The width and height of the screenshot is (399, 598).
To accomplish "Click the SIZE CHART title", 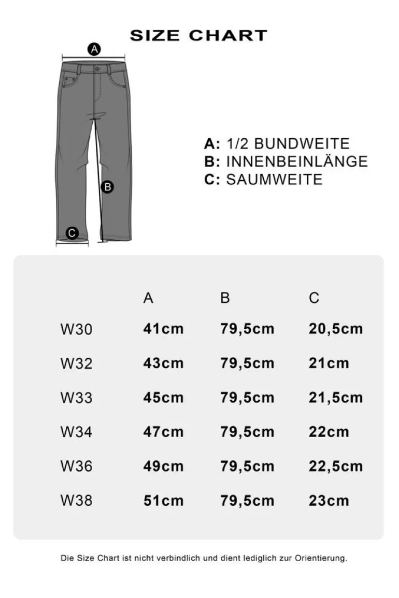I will coord(198,35).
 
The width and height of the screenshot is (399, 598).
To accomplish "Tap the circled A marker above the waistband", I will coord(94,50).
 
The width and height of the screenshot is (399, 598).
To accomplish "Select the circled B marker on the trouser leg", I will coord(107,187).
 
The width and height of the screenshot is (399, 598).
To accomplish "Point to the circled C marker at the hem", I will coord(73,233).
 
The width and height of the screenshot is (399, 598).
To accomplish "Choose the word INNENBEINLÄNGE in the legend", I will coord(297,162).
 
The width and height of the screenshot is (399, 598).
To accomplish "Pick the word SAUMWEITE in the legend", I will coord(275,179).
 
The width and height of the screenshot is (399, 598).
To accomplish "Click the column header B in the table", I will coord(225,298).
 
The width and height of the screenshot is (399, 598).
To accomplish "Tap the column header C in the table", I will coord(314,298).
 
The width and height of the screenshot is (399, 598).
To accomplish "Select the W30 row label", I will coord(76,329).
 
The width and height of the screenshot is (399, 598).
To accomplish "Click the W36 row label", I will coord(76,466).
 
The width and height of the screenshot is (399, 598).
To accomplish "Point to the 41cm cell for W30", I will coord(163,329).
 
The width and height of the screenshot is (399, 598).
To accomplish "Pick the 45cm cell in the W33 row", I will coord(163,398).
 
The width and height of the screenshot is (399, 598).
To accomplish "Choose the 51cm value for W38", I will coord(163,501).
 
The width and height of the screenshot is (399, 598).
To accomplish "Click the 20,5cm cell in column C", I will coord(336,329).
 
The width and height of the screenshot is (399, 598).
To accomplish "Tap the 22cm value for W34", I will coord(329,432).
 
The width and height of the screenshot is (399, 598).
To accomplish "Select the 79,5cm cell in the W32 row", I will coord(247,363).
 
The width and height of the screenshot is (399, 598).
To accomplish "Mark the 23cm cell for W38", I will coord(329,501).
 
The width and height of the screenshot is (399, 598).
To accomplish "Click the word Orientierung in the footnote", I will coord(321,558).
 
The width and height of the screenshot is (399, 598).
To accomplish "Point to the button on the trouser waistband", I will coord(97,68).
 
